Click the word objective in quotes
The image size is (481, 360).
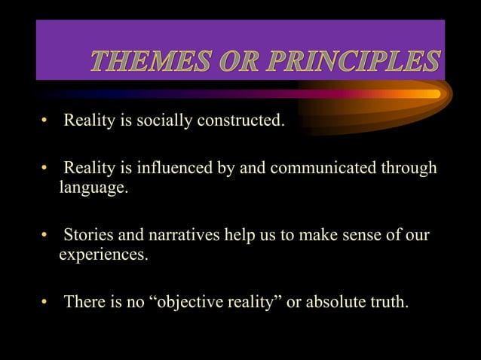pos(192,303)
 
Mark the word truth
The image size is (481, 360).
pos(388,303)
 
